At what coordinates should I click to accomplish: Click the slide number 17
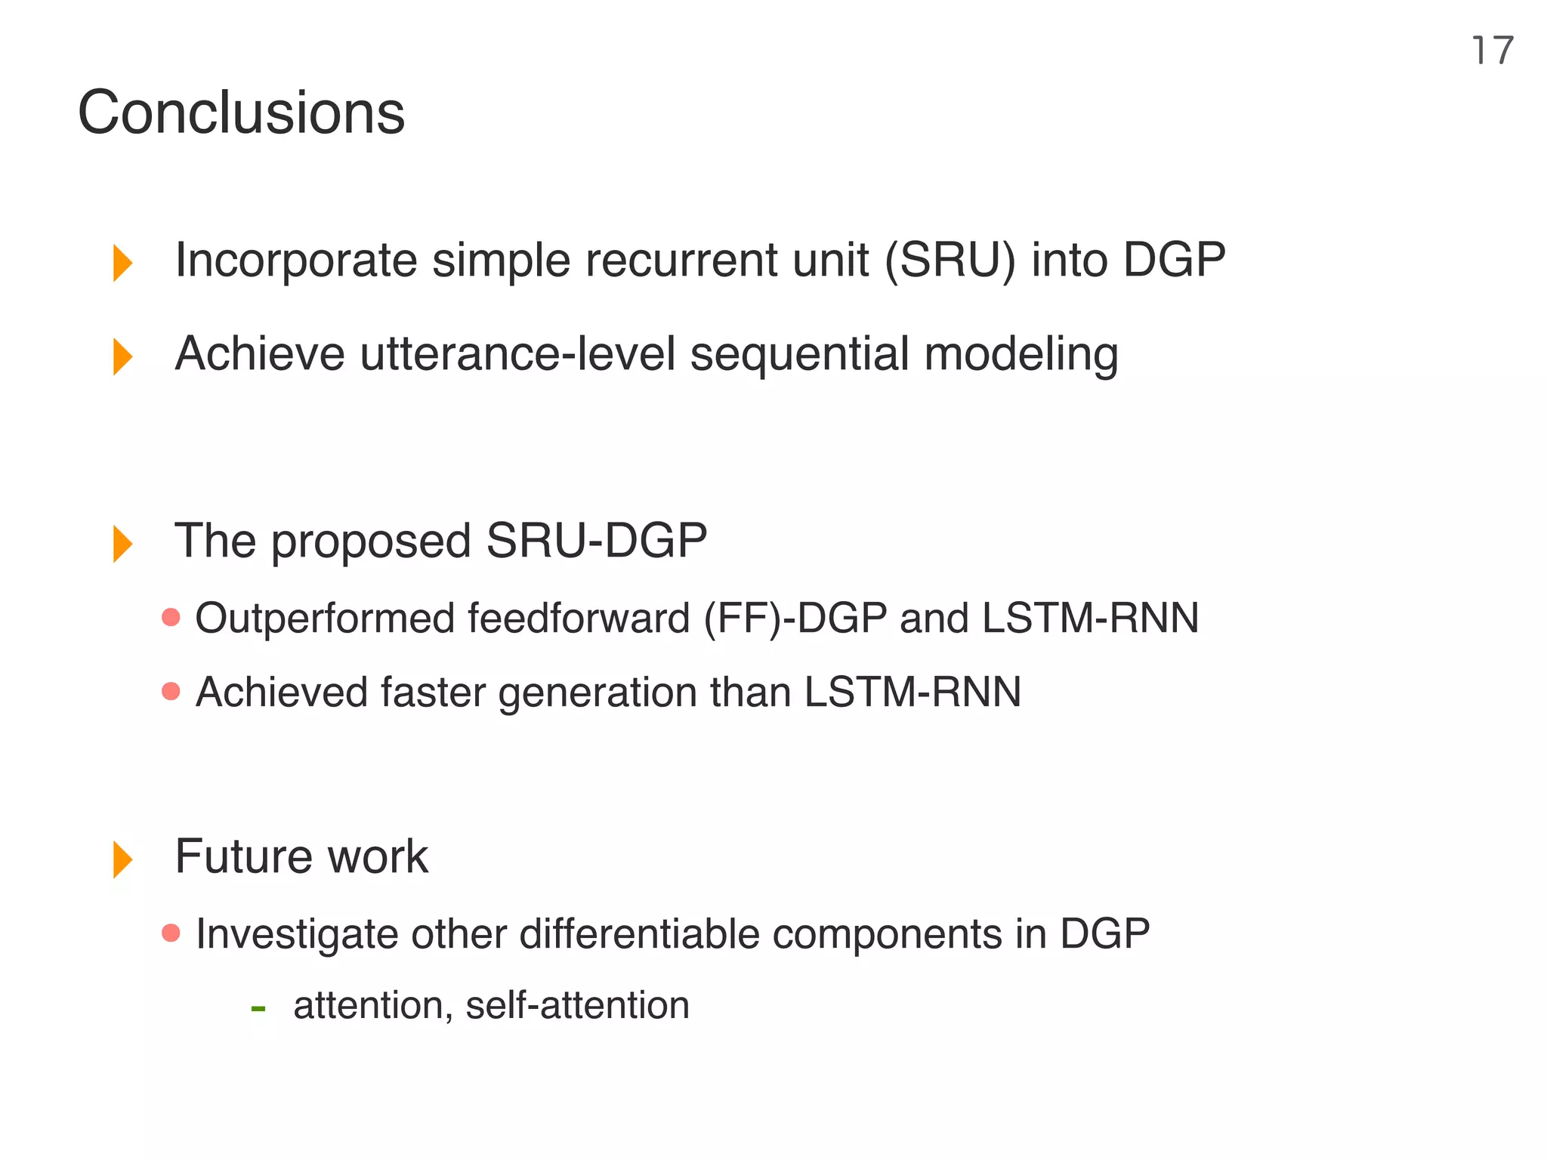1492,51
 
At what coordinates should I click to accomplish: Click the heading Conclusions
241,113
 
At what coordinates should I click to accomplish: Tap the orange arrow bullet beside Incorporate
122,262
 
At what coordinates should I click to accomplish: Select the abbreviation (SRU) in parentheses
950,261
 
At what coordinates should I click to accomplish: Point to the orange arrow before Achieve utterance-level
122,356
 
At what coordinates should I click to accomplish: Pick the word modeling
1021,355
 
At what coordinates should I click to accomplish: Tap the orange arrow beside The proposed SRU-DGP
122,543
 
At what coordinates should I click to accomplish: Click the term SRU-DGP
596,541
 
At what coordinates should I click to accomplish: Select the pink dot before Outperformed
171,618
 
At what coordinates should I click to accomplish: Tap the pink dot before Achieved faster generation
171,691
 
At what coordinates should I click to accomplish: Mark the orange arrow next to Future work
122,859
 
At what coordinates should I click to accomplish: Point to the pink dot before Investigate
171,933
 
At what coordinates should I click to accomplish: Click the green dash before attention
258,1007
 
